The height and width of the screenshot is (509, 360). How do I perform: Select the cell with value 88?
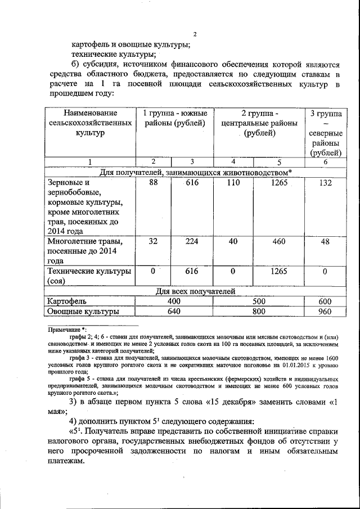click(x=152, y=183)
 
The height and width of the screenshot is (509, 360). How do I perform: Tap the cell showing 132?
click(x=325, y=183)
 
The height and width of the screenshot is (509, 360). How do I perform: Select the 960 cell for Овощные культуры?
click(x=325, y=310)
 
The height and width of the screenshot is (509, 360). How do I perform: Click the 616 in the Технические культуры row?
click(x=192, y=271)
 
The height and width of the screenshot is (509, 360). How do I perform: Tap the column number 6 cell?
click(x=325, y=162)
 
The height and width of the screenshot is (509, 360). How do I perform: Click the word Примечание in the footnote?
click(x=63, y=329)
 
